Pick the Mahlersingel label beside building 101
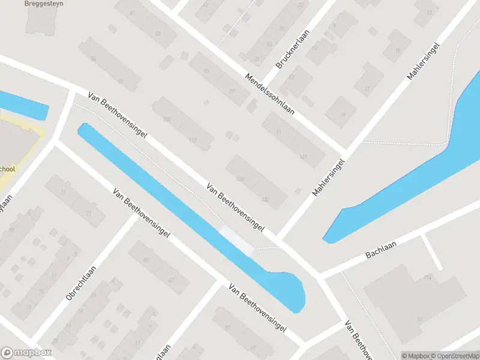click(x=329, y=178)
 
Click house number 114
click(x=427, y=278)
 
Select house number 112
click(x=192, y=140)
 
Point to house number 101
click(x=303, y=158)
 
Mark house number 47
click(x=172, y=280)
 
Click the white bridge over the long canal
click(x=238, y=241)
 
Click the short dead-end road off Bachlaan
click(x=432, y=251)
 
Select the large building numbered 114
click(x=414, y=294)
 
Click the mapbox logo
click(x=26, y=353)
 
